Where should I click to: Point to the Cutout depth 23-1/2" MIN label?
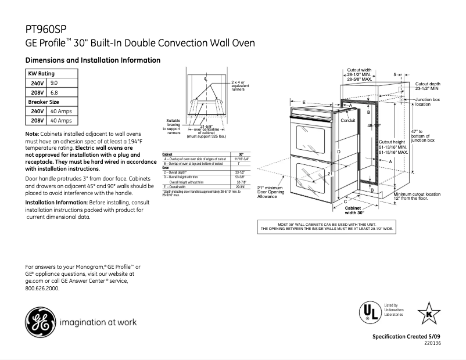pyautogui.click(x=428, y=87)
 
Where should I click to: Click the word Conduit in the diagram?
pyautogui.click(x=348, y=120)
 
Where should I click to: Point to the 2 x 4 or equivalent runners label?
pyautogui.click(x=238, y=86)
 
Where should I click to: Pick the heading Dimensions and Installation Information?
pyautogui.click(x=92, y=60)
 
